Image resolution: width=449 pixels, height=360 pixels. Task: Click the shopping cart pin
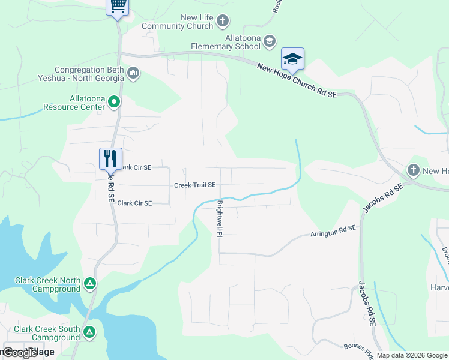[x=118, y=7]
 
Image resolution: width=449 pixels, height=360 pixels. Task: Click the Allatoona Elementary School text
[x=226, y=41]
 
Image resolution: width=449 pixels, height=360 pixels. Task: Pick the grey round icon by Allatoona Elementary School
[x=269, y=41]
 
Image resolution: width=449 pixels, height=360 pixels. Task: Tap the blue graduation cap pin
[x=292, y=59]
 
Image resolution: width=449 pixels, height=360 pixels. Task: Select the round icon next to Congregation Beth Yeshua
[x=133, y=73]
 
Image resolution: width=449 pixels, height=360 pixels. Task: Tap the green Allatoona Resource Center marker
[x=113, y=103]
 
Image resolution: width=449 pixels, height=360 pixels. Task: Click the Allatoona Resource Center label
[x=73, y=103]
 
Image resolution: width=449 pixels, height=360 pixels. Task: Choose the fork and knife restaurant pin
[x=110, y=159]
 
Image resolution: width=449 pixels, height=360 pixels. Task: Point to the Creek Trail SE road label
[x=194, y=185]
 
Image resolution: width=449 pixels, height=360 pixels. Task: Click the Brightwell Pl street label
[x=219, y=218]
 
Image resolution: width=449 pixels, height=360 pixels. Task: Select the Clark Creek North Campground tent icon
[x=89, y=283]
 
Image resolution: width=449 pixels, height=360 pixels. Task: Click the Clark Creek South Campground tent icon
[x=89, y=331]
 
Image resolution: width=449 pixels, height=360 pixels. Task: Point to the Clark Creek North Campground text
[x=47, y=285]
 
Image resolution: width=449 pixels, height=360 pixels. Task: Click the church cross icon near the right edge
[x=413, y=171]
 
